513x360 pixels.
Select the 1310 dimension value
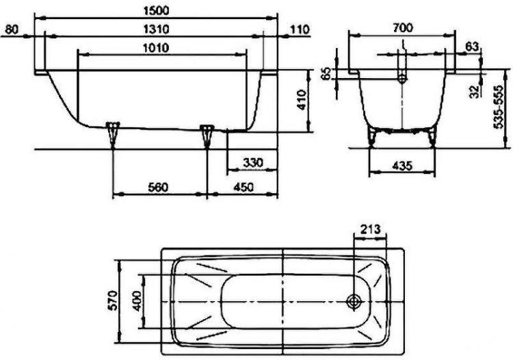click(x=158, y=29)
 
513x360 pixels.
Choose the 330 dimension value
click(x=252, y=163)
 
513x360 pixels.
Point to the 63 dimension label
click(x=471, y=46)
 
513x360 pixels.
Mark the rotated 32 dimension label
click(x=473, y=92)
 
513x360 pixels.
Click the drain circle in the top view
click(x=354, y=301)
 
